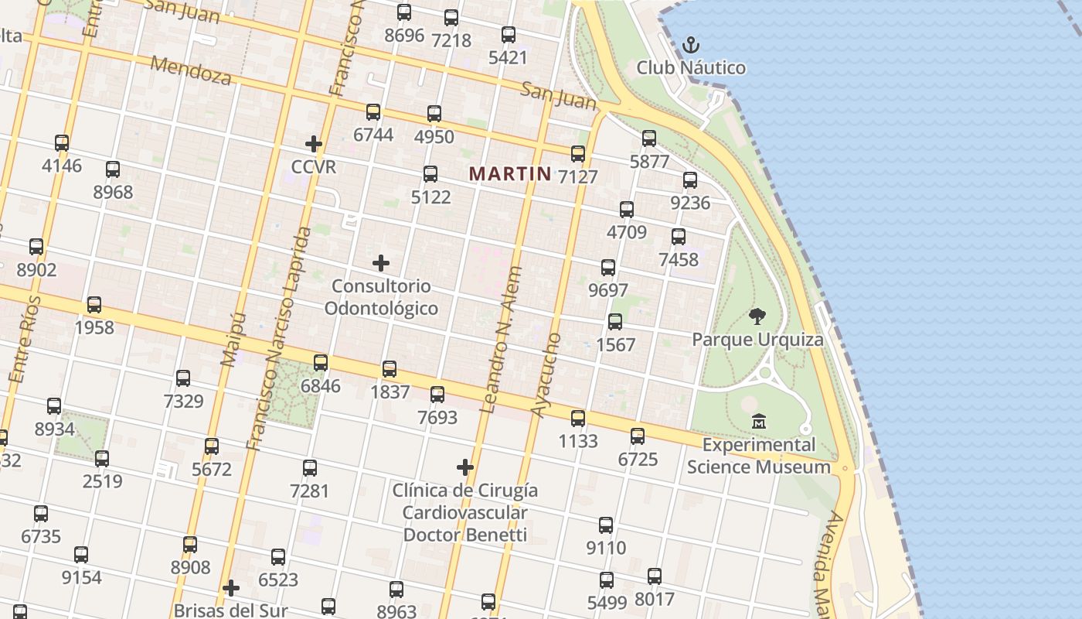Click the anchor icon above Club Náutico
[691, 45]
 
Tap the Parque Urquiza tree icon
[757, 316]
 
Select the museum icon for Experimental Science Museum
[759, 422]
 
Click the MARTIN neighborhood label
[510, 174]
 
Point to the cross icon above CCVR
[314, 144]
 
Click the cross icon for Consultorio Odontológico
[381, 263]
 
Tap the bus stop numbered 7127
[578, 154]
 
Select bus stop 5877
[649, 139]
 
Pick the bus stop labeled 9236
[690, 180]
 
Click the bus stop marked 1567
[615, 322]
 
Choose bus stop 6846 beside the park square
[321, 362]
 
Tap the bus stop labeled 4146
[62, 143]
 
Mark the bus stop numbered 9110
[606, 525]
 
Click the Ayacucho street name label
[546, 375]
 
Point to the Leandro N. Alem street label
[502, 340]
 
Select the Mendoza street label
[190, 70]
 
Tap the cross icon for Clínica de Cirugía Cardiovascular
[465, 467]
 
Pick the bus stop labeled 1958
[94, 305]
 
